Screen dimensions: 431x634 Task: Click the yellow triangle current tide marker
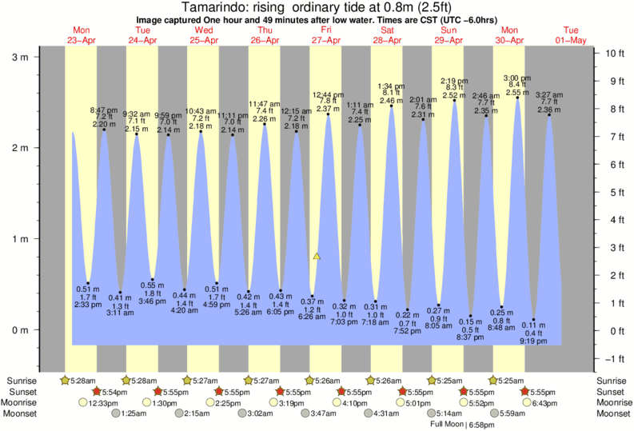pyautogui.click(x=317, y=256)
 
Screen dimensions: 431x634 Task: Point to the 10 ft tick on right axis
pyautogui.click(x=612, y=53)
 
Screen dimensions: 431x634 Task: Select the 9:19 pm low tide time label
pyautogui.click(x=533, y=341)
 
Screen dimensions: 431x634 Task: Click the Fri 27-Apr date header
pyautogui.click(x=326, y=35)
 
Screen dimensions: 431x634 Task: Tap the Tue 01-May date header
pyautogui.click(x=571, y=35)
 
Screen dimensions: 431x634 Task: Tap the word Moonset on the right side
pyautogui.click(x=612, y=413)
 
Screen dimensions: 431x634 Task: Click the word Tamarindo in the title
pyautogui.click(x=207, y=8)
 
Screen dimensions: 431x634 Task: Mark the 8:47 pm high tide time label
pyautogui.click(x=104, y=109)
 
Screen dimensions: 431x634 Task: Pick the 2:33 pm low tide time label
pyautogui.click(x=88, y=305)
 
